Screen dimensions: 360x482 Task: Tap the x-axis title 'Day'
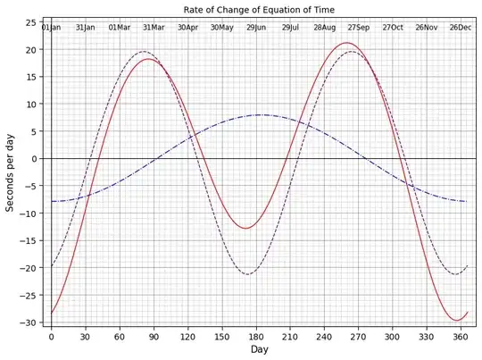tap(259, 350)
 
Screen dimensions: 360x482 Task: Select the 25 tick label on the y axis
tap(32, 22)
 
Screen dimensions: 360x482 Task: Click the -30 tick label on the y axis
tap(30, 322)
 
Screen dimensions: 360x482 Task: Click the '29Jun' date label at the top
tap(256, 28)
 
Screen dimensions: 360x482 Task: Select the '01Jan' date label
tap(51, 28)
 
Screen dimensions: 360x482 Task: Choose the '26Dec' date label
tap(461, 28)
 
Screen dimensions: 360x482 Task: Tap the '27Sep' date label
tap(359, 28)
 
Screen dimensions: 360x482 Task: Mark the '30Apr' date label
tap(187, 28)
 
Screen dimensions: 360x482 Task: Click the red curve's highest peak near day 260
tap(347, 43)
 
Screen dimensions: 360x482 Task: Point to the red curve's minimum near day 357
tap(457, 321)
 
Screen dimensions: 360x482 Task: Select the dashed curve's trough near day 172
tap(247, 274)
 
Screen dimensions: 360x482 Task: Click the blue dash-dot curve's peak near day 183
tap(260, 115)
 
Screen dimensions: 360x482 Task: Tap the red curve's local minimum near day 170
tap(245, 229)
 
